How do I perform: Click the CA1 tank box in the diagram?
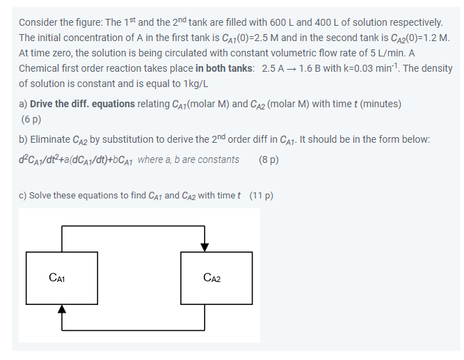tap(62, 279)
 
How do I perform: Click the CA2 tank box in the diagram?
tap(217, 279)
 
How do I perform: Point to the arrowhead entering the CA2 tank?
tap(204, 248)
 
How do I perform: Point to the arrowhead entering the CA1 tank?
tap(63, 308)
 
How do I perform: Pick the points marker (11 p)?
tap(261, 195)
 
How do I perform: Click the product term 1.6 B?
tap(314, 68)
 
